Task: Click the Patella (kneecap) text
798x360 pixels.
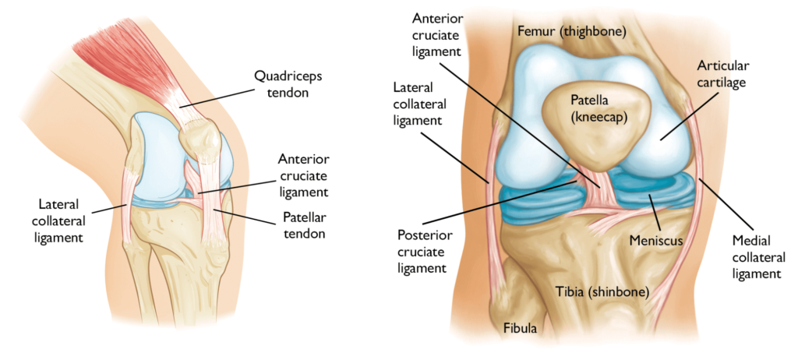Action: pos(595,109)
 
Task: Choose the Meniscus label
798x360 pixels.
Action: pos(656,242)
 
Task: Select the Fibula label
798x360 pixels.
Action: pos(519,329)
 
